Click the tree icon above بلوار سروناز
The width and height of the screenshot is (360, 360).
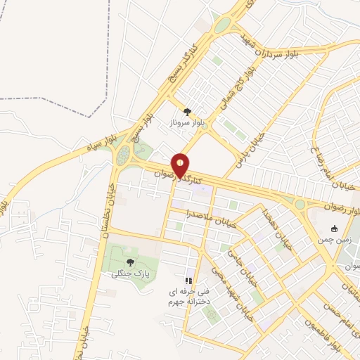click(187, 111)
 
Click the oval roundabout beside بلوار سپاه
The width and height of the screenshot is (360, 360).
click(124, 154)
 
